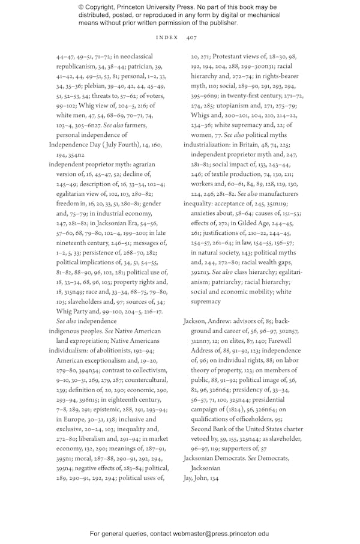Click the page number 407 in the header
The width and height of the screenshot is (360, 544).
click(x=191, y=37)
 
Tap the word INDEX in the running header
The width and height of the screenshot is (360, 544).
click(x=167, y=37)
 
